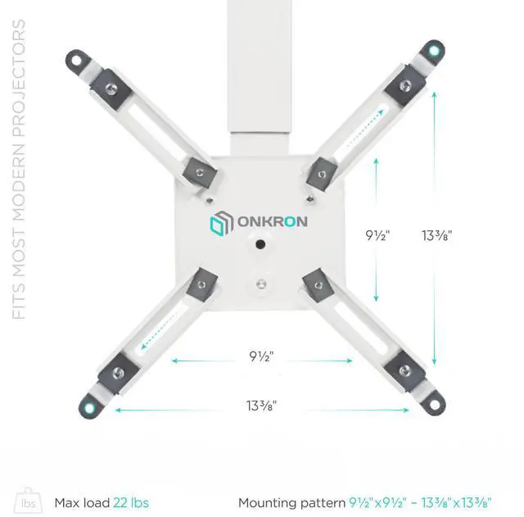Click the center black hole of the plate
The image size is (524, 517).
pos(260,244)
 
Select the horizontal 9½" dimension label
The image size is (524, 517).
pos(261,356)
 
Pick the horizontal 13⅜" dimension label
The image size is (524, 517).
pos(261,404)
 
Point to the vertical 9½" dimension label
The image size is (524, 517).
pos(377,235)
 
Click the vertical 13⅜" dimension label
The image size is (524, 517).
pos(437,235)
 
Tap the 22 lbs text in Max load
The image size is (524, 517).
pos(130,502)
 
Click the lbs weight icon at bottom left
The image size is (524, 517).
pos(30,501)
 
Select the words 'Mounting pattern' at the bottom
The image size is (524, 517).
pos(291,502)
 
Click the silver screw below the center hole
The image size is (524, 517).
pos(260,284)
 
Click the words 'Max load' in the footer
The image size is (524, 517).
pos(81,502)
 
